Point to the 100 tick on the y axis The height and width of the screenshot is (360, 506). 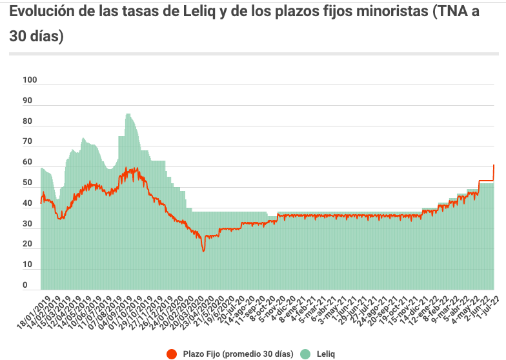(x=30, y=80)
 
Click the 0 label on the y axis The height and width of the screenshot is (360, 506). (x=25, y=285)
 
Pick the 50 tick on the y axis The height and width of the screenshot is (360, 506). (x=27, y=183)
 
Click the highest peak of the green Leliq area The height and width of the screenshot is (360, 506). (x=128, y=115)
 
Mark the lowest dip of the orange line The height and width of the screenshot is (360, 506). (x=203, y=250)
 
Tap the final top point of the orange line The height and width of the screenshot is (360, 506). (x=494, y=165)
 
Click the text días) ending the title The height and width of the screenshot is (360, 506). (x=37, y=37)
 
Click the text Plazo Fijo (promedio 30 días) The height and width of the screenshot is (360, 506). (x=238, y=354)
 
